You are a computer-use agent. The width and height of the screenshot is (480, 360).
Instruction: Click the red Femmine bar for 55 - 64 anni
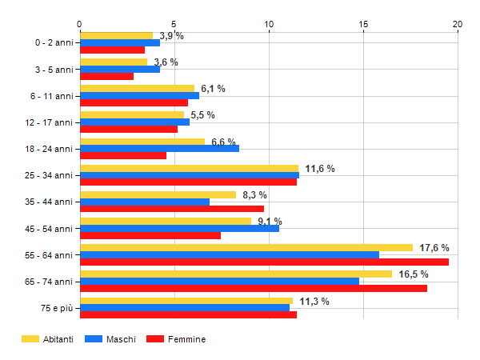[x=264, y=262]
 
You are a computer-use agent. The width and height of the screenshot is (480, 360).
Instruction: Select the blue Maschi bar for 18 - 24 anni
[x=159, y=148]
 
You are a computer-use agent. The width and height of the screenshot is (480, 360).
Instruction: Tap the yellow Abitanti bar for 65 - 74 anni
[x=236, y=274]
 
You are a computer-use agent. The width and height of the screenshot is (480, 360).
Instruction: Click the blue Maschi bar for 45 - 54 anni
[x=179, y=228]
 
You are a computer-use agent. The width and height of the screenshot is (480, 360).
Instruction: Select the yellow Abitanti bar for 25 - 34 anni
[x=189, y=168]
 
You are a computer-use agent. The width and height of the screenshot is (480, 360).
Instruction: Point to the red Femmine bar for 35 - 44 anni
[x=172, y=209]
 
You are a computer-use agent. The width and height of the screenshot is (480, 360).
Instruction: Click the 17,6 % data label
[x=434, y=248]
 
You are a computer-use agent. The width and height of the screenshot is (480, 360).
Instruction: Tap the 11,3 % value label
[x=314, y=301]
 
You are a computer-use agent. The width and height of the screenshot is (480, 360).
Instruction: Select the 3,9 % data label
[x=171, y=36]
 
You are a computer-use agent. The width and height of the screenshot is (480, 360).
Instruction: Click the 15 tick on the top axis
[x=363, y=25]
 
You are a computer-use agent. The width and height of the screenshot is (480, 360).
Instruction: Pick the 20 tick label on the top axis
[x=458, y=25]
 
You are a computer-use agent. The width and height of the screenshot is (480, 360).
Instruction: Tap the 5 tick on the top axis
[x=174, y=25]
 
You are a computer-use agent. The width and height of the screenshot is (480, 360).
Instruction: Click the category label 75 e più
[x=57, y=308]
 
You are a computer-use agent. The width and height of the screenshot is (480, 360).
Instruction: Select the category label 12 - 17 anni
[x=50, y=122]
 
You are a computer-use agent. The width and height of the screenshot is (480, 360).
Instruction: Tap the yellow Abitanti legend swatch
[x=31, y=339]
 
